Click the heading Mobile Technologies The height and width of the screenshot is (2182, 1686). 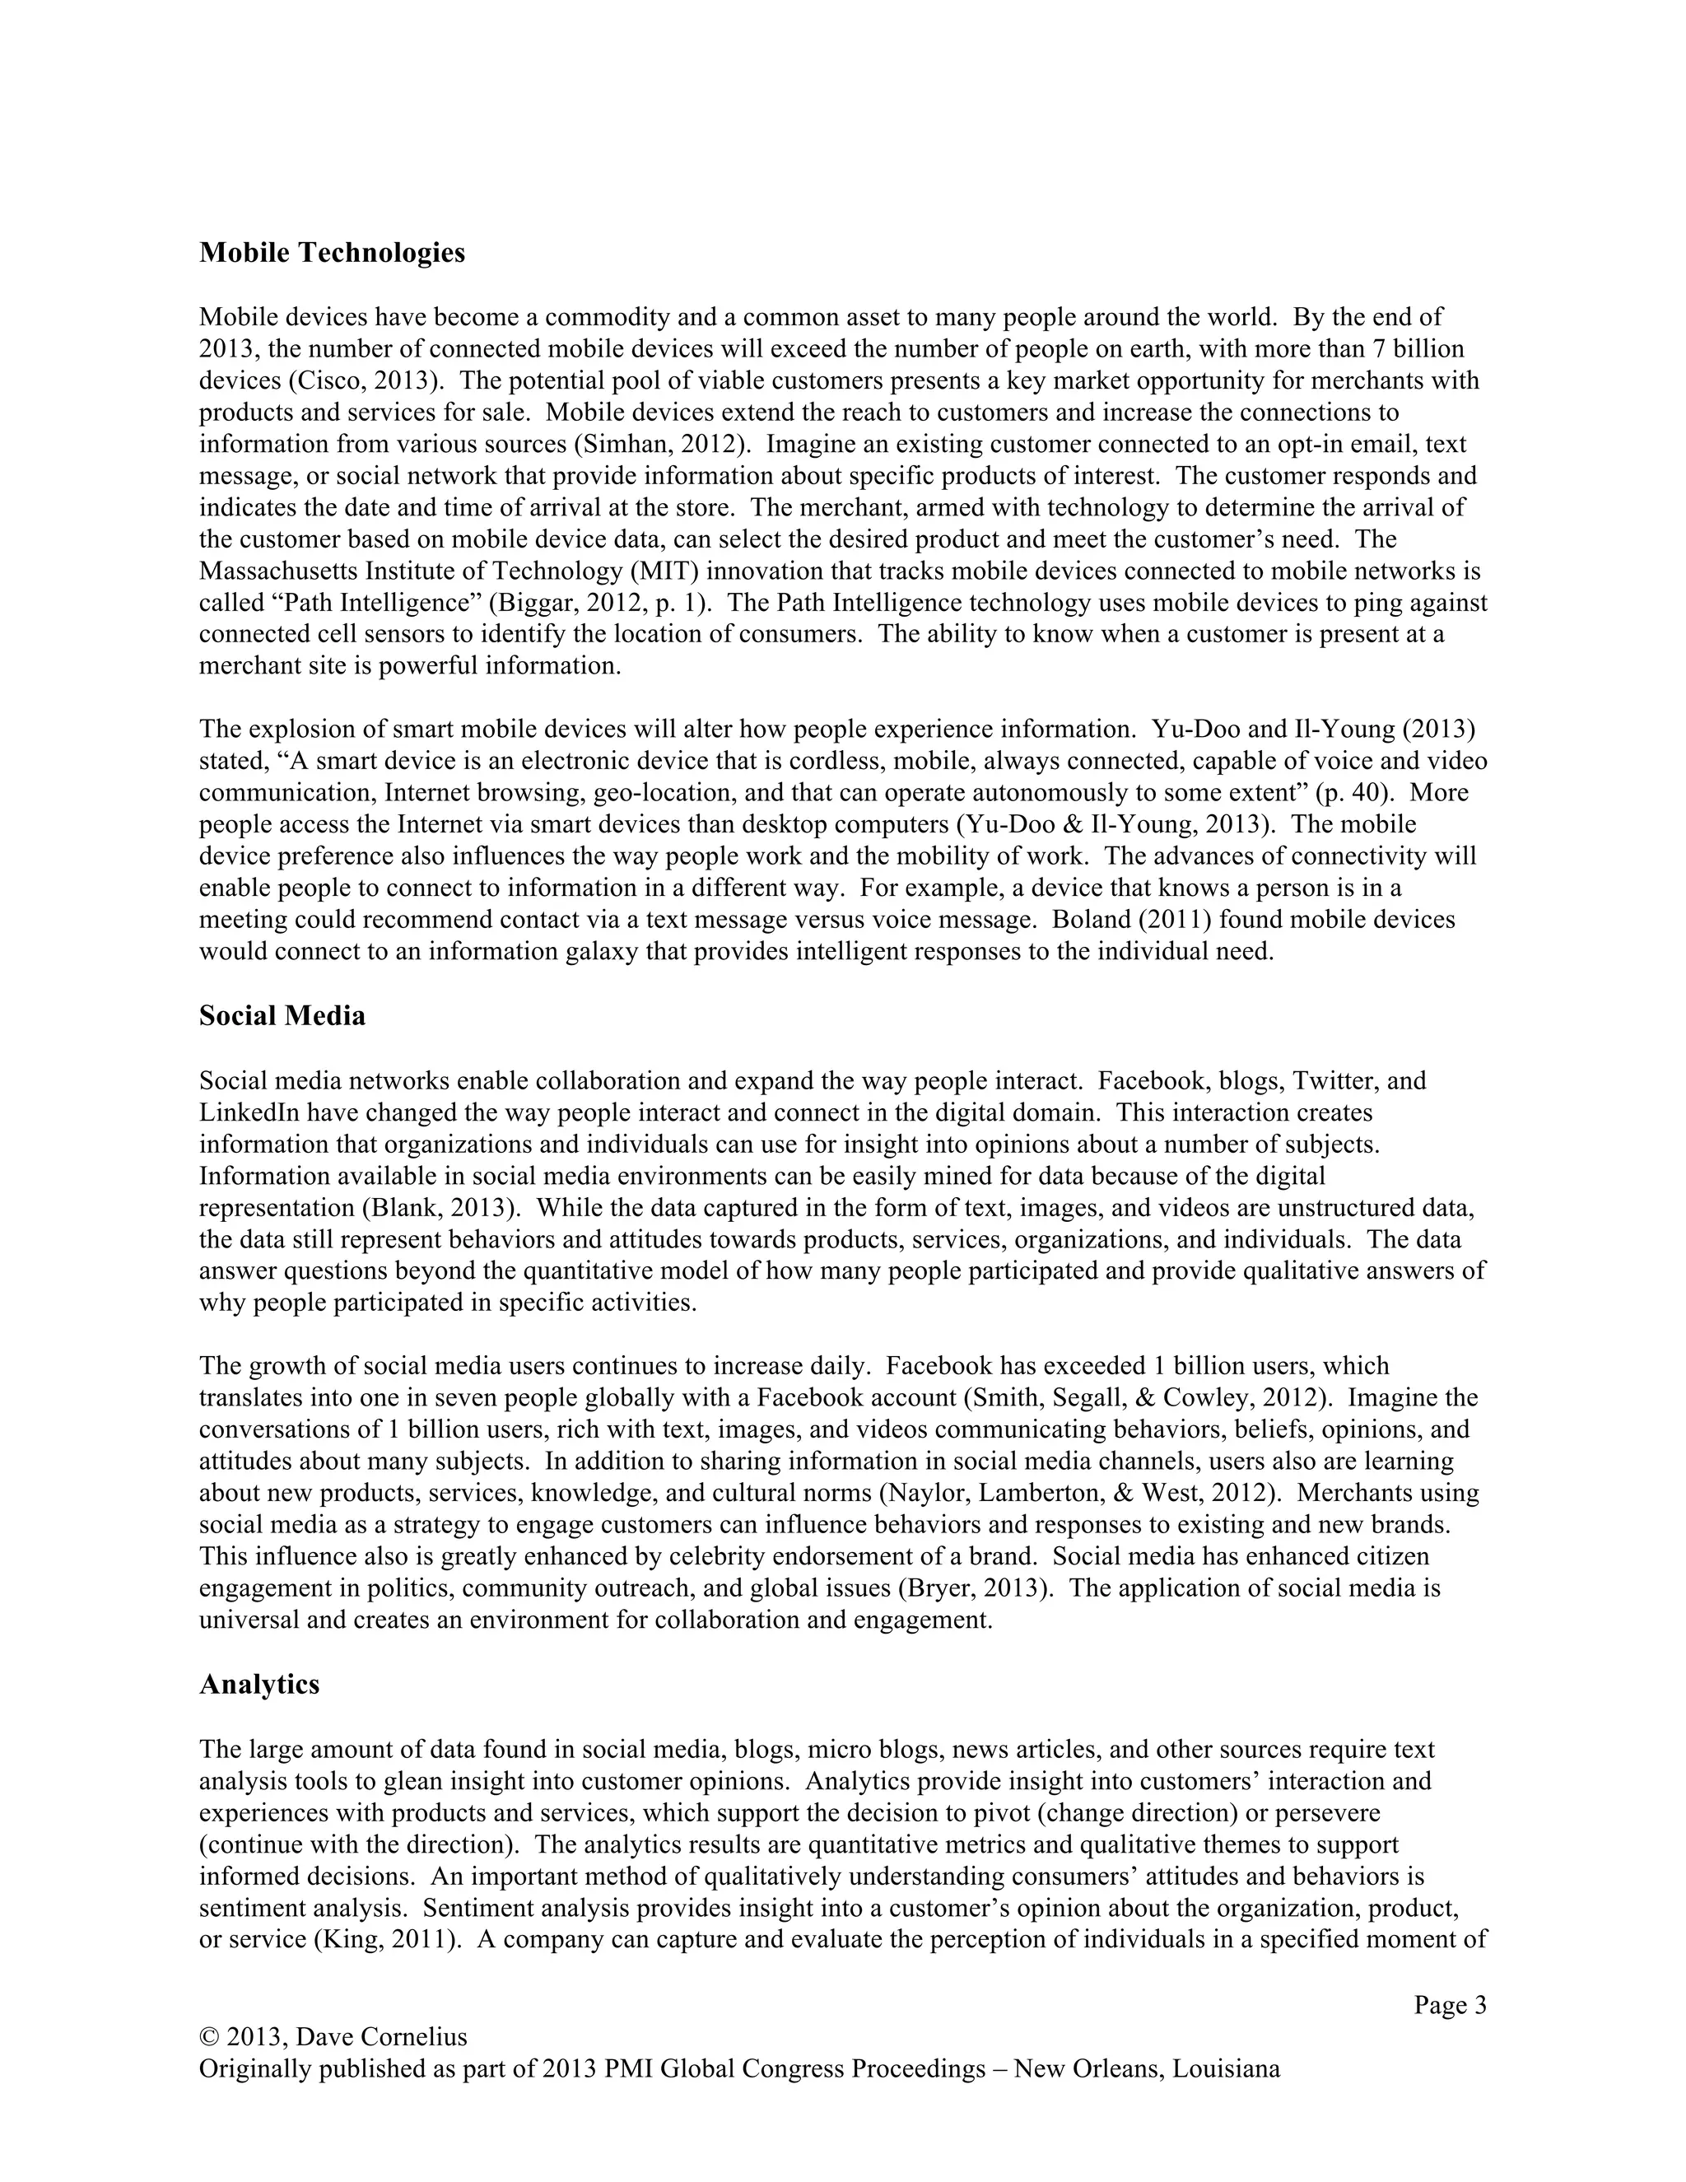[332, 253]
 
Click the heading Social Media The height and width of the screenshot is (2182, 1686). [282, 1016]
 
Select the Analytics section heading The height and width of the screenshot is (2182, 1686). [258, 1685]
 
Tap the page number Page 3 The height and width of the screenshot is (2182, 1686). [1449, 2005]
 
